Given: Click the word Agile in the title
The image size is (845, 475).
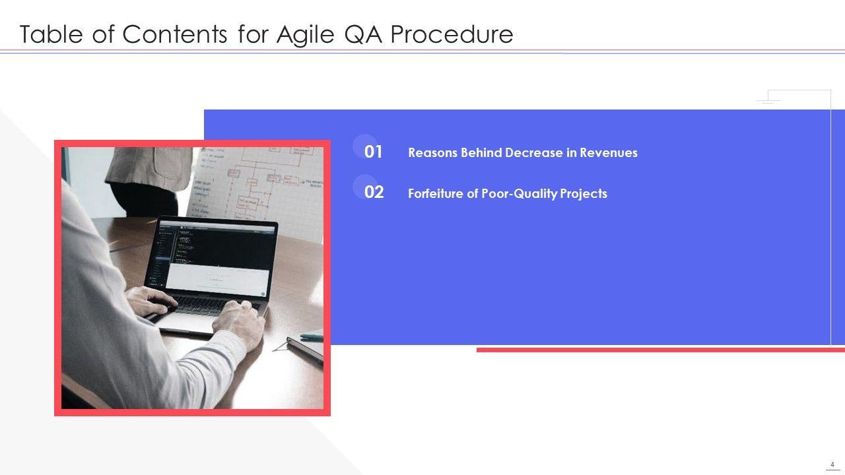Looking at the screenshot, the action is (x=305, y=35).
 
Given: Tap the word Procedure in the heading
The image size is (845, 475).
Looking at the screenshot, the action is (x=452, y=34).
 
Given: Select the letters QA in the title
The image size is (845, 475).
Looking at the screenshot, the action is (x=363, y=34).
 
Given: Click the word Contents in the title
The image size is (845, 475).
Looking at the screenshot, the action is (x=175, y=34).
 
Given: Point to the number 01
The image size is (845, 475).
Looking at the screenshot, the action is (x=373, y=152).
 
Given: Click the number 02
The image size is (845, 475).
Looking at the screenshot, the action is (x=374, y=192).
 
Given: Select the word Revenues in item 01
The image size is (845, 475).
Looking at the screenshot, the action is (x=609, y=152).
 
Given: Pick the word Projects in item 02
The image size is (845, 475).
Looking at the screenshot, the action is (x=584, y=193).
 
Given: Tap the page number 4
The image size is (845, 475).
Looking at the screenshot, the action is (x=832, y=464).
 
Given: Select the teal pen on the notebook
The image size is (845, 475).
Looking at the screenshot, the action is (x=312, y=336).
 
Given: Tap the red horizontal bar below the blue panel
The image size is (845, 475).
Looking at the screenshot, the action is (x=661, y=350).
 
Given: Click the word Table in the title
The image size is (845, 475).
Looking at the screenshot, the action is (x=51, y=34).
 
